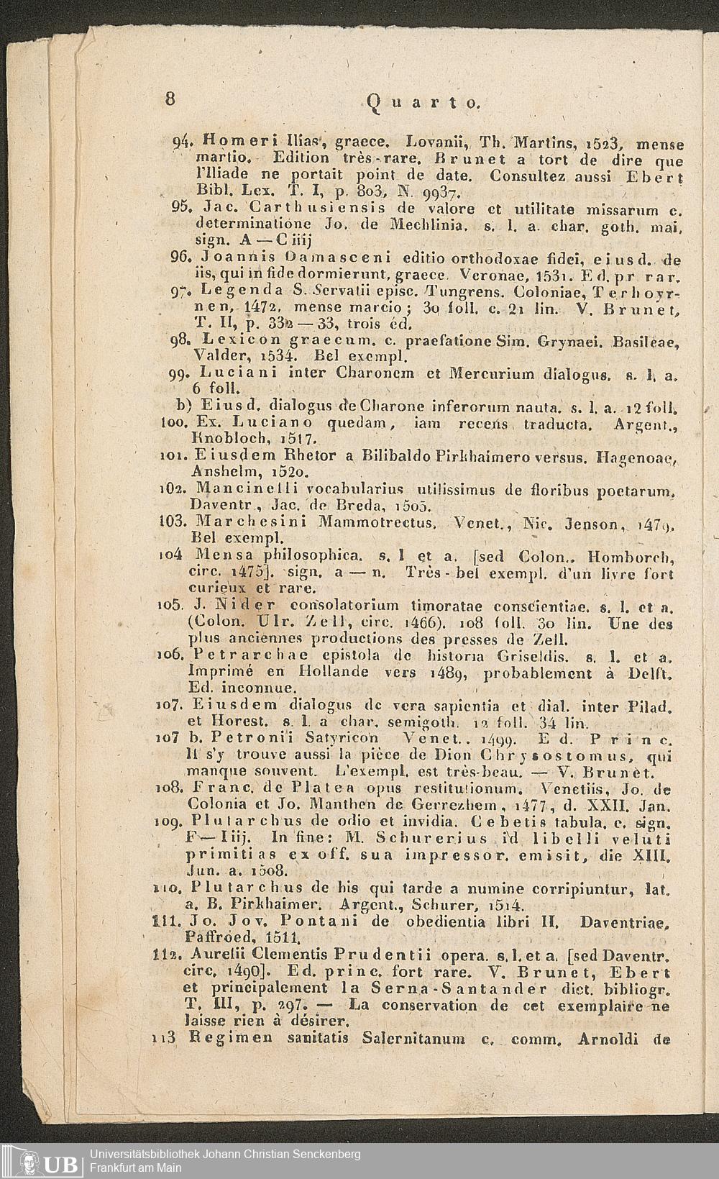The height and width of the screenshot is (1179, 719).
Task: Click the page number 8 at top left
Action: point(170,99)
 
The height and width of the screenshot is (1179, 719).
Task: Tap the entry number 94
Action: point(180,141)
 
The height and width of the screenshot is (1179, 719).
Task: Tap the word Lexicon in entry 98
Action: point(234,339)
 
